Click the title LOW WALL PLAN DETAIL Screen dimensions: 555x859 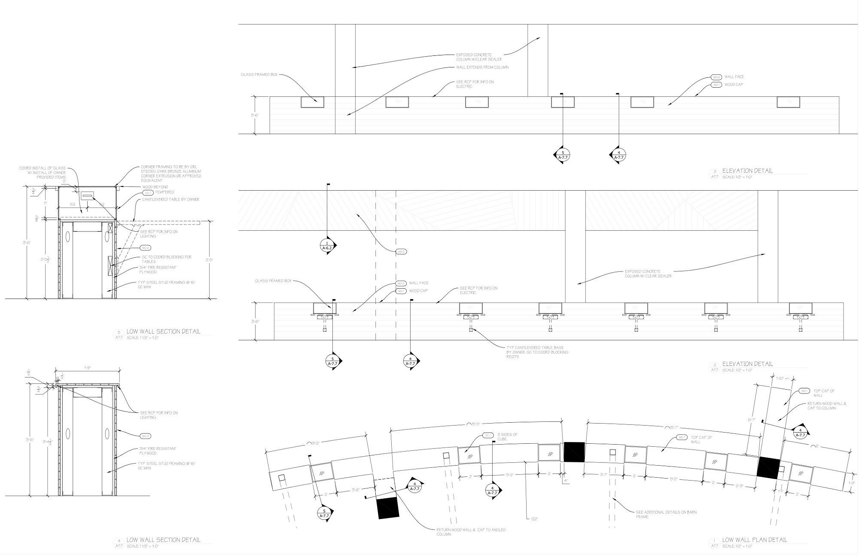(755, 540)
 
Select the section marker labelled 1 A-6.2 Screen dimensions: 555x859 (327, 246)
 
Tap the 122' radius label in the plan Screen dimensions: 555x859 (533, 519)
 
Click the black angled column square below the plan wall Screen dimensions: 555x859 (388, 509)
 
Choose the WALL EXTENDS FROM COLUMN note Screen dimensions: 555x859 (482, 67)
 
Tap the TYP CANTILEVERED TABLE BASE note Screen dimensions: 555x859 (537, 352)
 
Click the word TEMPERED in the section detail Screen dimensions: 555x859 (164, 192)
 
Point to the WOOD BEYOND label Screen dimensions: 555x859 (155, 187)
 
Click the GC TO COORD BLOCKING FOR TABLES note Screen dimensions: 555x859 (166, 259)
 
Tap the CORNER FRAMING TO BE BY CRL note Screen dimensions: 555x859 (171, 174)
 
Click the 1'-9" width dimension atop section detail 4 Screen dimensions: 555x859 (87, 368)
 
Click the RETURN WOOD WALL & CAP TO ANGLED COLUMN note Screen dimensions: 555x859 (471, 532)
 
